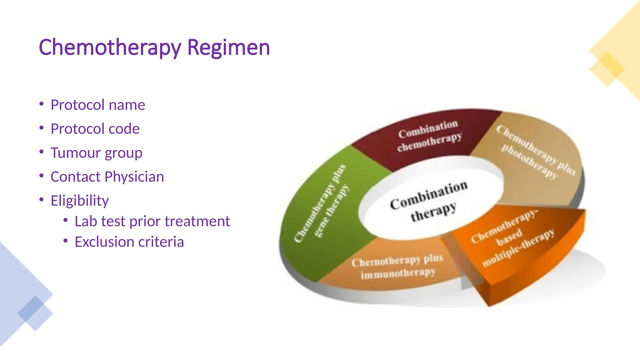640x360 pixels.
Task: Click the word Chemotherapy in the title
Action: (110, 47)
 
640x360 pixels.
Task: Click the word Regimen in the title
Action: (228, 47)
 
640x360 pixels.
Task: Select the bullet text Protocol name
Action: (98, 105)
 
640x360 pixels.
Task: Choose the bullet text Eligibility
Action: (80, 201)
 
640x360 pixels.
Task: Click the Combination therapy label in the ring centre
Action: (429, 202)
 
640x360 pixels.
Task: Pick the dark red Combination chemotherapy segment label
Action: (429, 136)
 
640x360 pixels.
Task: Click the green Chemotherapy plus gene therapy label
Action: (322, 203)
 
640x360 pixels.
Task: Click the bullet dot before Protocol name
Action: (42, 104)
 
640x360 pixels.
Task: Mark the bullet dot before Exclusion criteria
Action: (65, 241)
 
